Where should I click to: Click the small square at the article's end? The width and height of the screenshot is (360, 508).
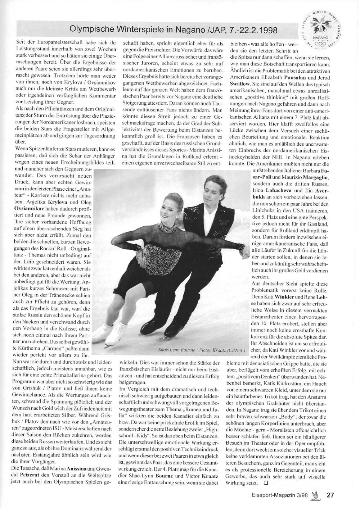[266, 482]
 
